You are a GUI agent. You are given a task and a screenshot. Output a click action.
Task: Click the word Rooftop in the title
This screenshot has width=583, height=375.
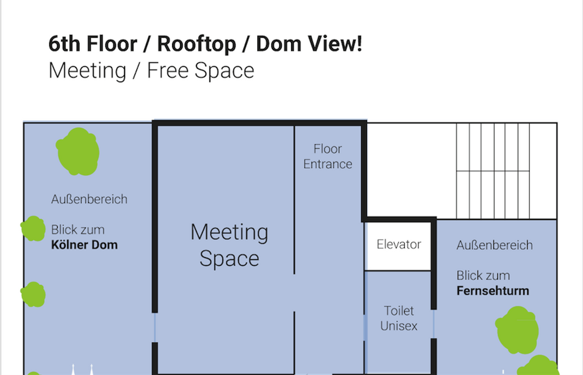pos(196,44)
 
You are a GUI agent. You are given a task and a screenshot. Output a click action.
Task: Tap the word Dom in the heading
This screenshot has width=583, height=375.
pos(279,44)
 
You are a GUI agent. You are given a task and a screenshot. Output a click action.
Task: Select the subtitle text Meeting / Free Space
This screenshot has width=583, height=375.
pos(151,71)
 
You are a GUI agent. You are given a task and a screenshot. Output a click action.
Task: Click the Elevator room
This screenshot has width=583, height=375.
pos(398,246)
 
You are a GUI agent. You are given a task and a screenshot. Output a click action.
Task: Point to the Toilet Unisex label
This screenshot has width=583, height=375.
pos(399,318)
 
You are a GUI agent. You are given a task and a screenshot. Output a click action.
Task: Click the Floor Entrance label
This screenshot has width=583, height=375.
pos(327,156)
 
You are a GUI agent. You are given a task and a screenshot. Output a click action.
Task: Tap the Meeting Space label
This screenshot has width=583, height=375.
pos(229,245)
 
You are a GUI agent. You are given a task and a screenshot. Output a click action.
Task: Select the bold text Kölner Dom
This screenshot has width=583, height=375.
pos(84,245)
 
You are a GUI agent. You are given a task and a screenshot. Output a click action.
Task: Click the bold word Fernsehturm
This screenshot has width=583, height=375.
pos(493,291)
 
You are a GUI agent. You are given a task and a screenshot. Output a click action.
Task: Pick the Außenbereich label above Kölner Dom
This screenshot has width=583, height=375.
pos(89,199)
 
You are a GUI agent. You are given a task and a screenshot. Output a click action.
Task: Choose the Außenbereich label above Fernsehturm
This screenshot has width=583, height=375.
pos(495,245)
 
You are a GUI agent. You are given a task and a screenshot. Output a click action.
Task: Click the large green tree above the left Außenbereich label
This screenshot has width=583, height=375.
pos(77,152)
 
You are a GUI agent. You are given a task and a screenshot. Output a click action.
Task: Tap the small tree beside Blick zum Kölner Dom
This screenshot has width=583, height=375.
pos(33,228)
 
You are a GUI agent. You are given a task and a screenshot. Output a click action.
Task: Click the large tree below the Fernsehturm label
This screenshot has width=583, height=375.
pos(517,330)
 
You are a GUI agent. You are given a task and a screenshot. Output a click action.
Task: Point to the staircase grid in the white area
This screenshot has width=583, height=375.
pos(493,171)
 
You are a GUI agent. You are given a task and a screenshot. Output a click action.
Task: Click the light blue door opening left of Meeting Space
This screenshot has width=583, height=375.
pos(155,327)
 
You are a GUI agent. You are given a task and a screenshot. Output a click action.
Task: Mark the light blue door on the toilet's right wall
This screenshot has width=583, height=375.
pos(434,324)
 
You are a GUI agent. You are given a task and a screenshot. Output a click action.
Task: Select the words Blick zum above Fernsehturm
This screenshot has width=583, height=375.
pos(483,276)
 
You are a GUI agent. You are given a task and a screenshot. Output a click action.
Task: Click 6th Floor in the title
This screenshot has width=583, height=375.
pos(93,44)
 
